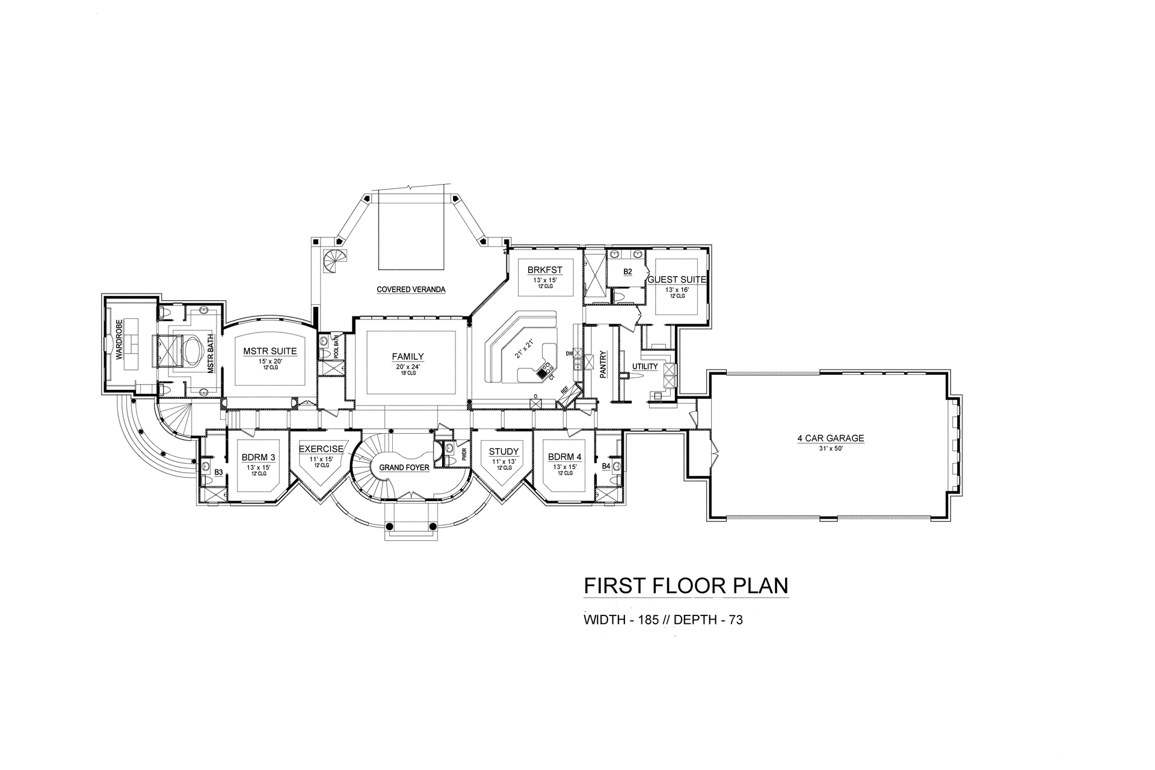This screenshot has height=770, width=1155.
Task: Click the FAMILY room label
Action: [408, 356]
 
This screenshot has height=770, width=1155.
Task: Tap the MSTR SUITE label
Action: [269, 351]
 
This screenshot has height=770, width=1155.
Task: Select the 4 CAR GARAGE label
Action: [830, 438]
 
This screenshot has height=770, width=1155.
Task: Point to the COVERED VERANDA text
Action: [411, 289]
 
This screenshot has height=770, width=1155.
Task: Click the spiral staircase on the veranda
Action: [332, 262]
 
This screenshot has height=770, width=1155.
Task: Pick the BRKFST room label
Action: [544, 270]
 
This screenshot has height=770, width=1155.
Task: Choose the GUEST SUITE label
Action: [676, 280]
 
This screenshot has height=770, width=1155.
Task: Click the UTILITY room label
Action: [644, 366]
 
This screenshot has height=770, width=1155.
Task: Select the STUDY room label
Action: [504, 452]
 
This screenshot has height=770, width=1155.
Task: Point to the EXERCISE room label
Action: [321, 449]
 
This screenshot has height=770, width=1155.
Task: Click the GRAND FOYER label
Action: [404, 467]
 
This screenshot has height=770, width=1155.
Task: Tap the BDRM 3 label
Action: [259, 457]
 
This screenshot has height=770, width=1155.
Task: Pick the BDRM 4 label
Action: [564, 457]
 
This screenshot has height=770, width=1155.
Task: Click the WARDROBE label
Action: [119, 339]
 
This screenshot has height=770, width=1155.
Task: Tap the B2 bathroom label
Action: [627, 272]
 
